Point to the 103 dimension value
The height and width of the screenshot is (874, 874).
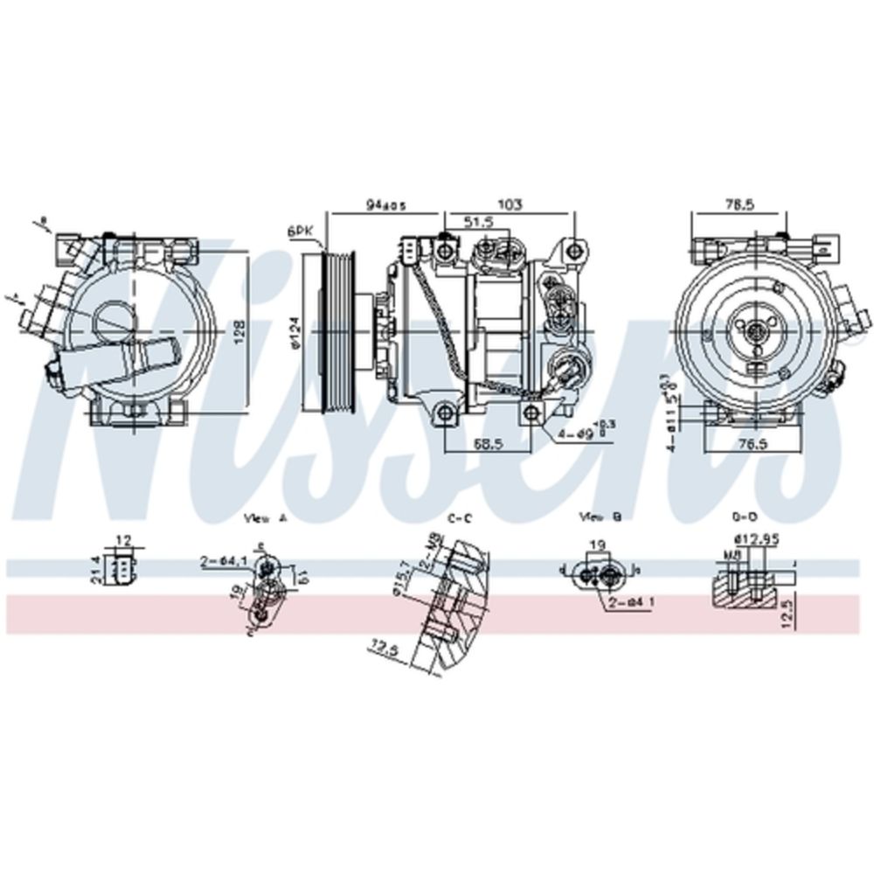pyautogui.click(x=510, y=205)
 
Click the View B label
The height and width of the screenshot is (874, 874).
pyautogui.click(x=600, y=517)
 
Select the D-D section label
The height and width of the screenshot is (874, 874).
pyautogui.click(x=746, y=517)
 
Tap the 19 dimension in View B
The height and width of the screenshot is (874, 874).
pyautogui.click(x=598, y=545)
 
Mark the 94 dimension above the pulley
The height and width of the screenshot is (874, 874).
pyautogui.click(x=385, y=205)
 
